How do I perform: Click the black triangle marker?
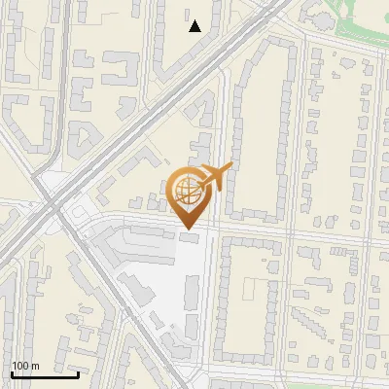point(195,26)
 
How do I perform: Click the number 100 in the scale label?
point(19,366)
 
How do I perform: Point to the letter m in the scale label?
point(34,366)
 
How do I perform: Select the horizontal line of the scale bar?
point(45,374)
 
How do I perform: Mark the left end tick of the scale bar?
point(12,372)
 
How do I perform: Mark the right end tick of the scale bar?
point(79,372)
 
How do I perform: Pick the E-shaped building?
point(116,68)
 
